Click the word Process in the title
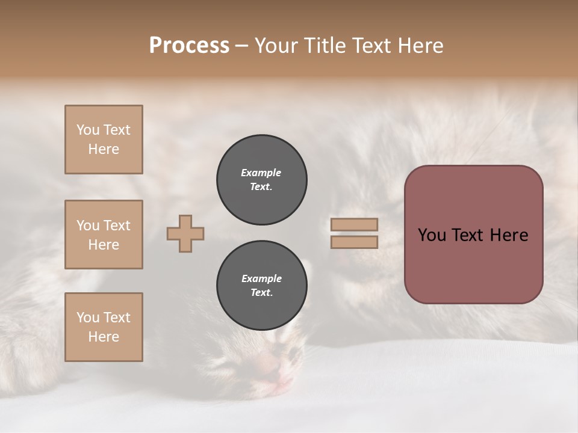[189, 46]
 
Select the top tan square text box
[104, 140]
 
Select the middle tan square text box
[104, 235]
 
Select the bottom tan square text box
[104, 327]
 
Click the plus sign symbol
[185, 233]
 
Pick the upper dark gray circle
[262, 180]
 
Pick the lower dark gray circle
[262, 286]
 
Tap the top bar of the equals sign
[355, 224]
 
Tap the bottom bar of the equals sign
[355, 242]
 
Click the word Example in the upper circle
[261, 173]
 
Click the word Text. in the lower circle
[261, 293]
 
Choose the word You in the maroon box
[432, 235]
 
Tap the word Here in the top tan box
[104, 149]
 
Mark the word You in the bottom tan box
[88, 318]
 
